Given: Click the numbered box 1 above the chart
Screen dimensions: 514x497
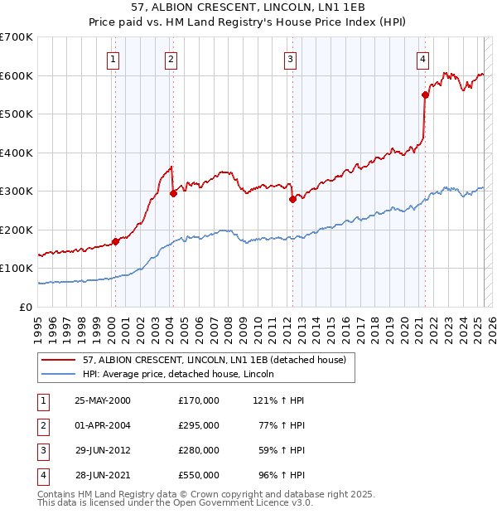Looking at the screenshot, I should pyautogui.click(x=112, y=59).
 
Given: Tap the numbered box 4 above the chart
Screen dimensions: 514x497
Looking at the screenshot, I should pyautogui.click(x=422, y=59).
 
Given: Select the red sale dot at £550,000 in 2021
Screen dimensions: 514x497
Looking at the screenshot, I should pyautogui.click(x=425, y=95).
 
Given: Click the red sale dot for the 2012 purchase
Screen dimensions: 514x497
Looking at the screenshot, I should pyautogui.click(x=292, y=199).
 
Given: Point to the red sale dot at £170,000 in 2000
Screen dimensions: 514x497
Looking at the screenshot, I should pyautogui.click(x=116, y=241).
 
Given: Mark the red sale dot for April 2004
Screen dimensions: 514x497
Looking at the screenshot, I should pyautogui.click(x=173, y=193).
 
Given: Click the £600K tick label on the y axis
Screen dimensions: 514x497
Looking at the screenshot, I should pyautogui.click(x=17, y=75).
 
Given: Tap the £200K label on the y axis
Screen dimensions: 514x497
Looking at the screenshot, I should pyautogui.click(x=17, y=230).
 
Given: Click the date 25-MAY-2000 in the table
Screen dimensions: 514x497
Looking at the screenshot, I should pyautogui.click(x=103, y=400).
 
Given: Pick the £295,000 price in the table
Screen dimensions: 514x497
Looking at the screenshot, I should pyautogui.click(x=199, y=425).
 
